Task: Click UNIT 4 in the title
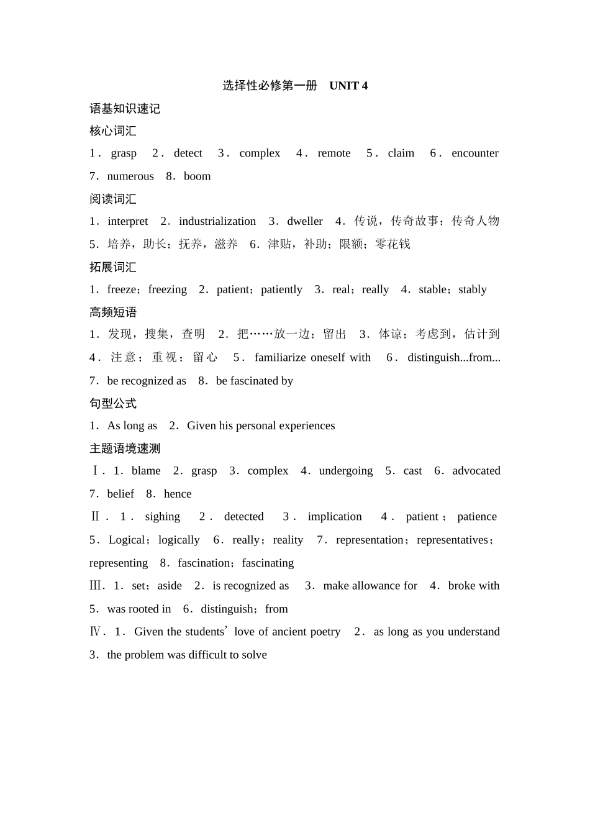(348, 86)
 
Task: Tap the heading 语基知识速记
(125, 109)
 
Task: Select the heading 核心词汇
(113, 131)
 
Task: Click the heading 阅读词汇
(113, 199)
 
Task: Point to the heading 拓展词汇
(113, 267)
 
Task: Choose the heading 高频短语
(113, 312)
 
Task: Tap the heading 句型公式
(113, 403)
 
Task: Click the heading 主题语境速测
(125, 449)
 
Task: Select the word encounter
(474, 153)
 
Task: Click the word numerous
(130, 176)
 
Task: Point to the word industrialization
(217, 221)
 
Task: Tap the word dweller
(305, 221)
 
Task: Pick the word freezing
(168, 290)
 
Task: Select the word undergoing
(346, 471)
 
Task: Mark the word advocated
(476, 471)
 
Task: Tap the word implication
(335, 517)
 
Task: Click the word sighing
(163, 517)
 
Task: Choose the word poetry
(325, 632)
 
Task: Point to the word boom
(197, 176)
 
